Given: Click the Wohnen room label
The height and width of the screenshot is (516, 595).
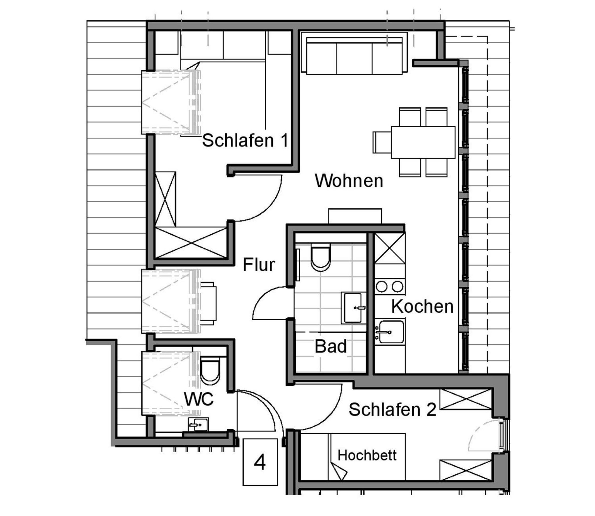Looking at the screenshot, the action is coord(349,180).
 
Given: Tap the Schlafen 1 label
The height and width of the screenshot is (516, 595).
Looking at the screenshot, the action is coord(245,140).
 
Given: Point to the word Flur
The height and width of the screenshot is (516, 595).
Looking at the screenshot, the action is coord(259,264).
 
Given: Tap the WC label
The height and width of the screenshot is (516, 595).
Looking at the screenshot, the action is coord(199,399).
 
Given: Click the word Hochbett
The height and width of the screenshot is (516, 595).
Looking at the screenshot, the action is coord(367,455).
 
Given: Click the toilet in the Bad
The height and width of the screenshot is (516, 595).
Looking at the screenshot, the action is coord(320,257).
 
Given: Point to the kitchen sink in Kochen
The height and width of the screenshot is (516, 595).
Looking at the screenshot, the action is coord(390,332).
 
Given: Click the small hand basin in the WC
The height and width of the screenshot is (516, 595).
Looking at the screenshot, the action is coord(198,424).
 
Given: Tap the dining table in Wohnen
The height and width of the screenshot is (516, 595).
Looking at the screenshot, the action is coord(423,142).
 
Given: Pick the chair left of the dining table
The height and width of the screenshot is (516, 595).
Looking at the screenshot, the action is coord(382,142).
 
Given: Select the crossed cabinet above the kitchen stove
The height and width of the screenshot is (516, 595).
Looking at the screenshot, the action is coord(390,248).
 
